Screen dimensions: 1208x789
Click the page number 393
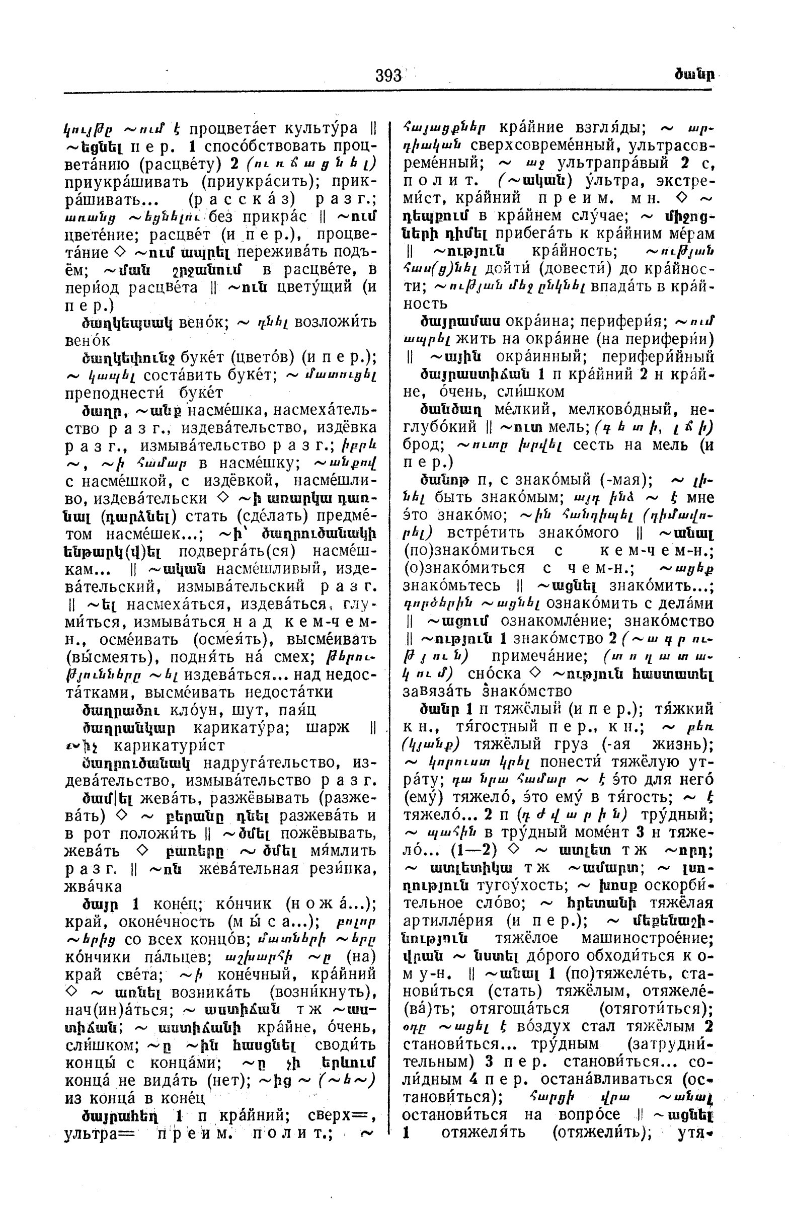coord(388,76)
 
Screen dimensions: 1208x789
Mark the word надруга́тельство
coord(269,763)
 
